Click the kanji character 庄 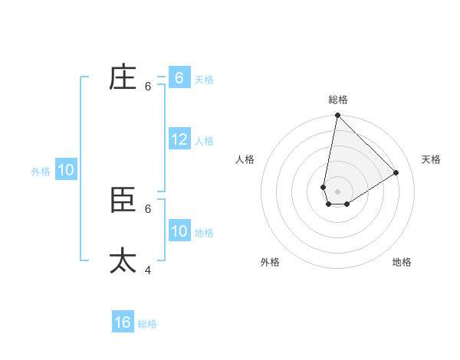click(x=123, y=77)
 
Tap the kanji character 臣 click(x=123, y=200)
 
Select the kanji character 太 click(x=123, y=260)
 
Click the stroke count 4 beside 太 click(x=148, y=270)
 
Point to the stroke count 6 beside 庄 click(x=148, y=87)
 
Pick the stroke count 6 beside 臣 click(x=148, y=208)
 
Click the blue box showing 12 click(x=179, y=139)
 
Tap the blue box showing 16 click(x=123, y=322)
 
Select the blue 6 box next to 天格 click(x=179, y=78)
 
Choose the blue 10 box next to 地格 click(x=179, y=231)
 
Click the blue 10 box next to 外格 click(x=66, y=170)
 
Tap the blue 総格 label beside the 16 click(x=147, y=324)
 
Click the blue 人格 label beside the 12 click(x=204, y=141)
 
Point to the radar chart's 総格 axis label click(x=338, y=100)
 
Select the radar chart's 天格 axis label click(x=432, y=159)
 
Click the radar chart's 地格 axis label click(x=402, y=262)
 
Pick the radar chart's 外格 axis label click(x=270, y=262)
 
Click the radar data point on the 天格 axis click(x=396, y=172)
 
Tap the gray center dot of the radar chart click(x=338, y=191)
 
